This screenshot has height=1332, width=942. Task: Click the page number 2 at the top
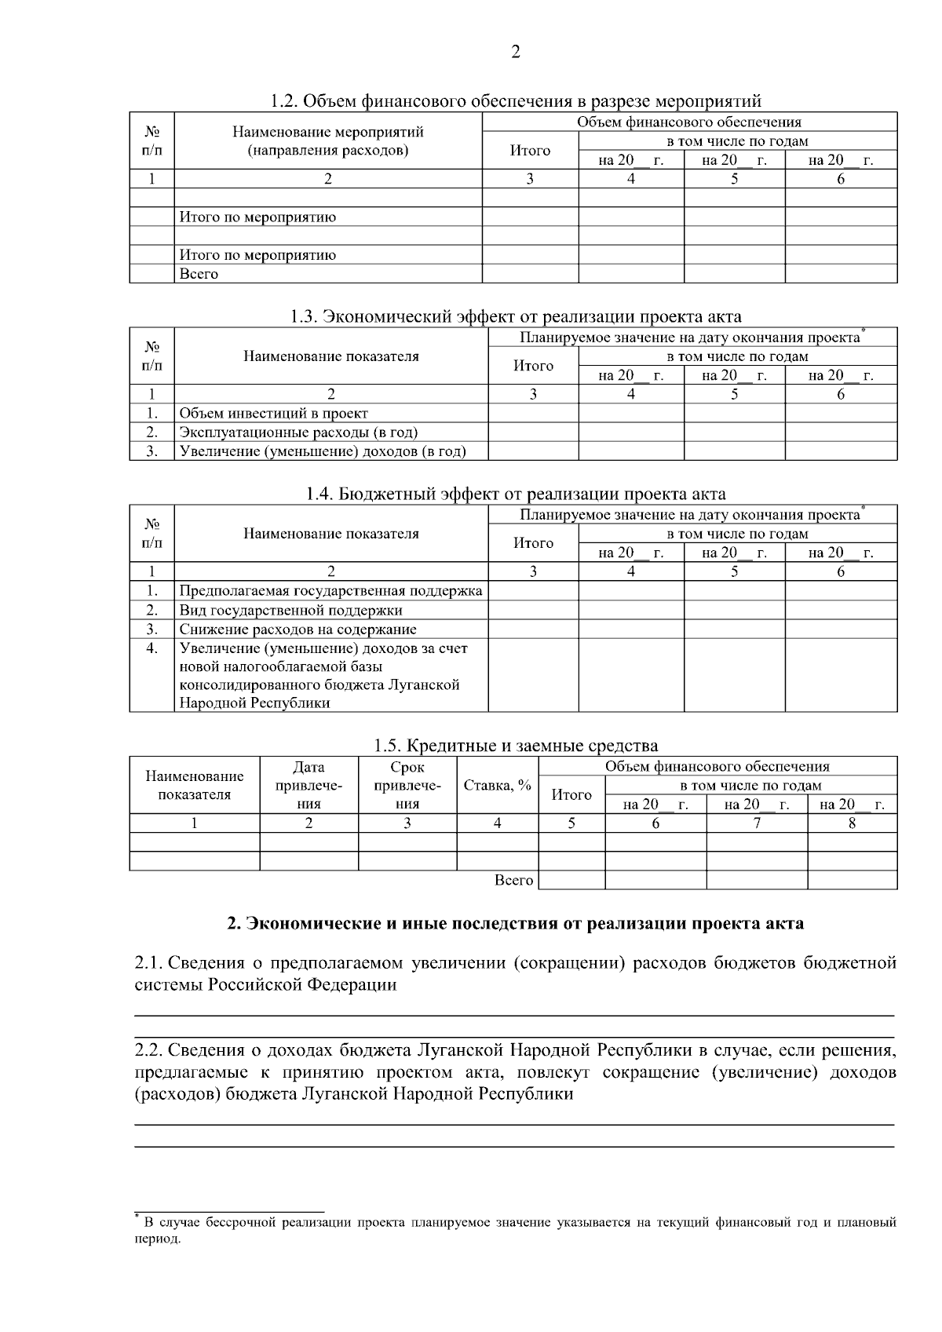pyautogui.click(x=515, y=53)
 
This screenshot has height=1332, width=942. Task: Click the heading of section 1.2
pyautogui.click(x=515, y=101)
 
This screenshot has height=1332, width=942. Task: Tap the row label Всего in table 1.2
pyautogui.click(x=199, y=274)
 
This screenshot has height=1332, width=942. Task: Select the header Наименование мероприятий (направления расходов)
pyautogui.click(x=328, y=141)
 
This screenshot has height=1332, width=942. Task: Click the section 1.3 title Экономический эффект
pyautogui.click(x=515, y=317)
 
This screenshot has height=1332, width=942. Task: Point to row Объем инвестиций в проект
pyautogui.click(x=273, y=413)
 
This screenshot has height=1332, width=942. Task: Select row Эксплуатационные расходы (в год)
pyautogui.click(x=298, y=432)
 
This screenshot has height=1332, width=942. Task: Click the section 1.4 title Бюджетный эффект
pyautogui.click(x=515, y=494)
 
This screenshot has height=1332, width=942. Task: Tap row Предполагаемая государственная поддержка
pyautogui.click(x=330, y=591)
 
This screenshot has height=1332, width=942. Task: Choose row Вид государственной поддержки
pyautogui.click(x=290, y=610)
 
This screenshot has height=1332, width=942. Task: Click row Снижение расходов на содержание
pyautogui.click(x=298, y=630)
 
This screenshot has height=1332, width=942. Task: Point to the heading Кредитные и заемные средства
pyautogui.click(x=515, y=746)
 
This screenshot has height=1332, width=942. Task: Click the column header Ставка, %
pyautogui.click(x=498, y=785)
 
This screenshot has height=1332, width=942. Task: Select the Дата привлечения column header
pyautogui.click(x=309, y=785)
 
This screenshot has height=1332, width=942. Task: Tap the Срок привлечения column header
pyautogui.click(x=407, y=785)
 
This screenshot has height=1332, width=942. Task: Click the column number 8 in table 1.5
pyautogui.click(x=852, y=823)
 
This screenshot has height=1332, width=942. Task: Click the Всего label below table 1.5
pyautogui.click(x=514, y=881)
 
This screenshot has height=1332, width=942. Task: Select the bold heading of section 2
pyautogui.click(x=515, y=924)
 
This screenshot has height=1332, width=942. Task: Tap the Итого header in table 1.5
pyautogui.click(x=571, y=794)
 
